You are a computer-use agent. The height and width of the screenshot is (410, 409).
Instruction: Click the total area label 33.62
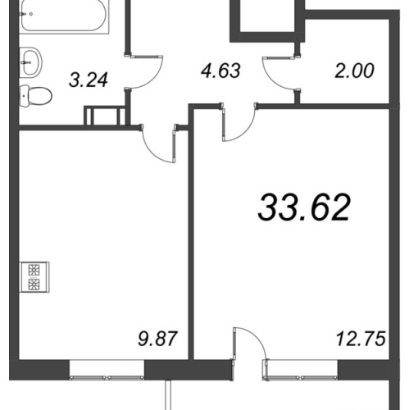tap(304, 207)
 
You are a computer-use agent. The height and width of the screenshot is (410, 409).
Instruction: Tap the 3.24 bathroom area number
tap(89, 80)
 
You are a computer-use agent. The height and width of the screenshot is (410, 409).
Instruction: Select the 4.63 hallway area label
tap(220, 71)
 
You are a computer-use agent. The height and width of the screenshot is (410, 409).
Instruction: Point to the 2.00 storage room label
tap(354, 71)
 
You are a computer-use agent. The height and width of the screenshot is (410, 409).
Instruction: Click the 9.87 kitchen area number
tap(158, 339)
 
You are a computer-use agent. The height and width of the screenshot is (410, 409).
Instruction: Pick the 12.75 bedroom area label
tap(361, 339)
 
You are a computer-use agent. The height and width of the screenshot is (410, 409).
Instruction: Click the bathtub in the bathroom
tap(64, 16)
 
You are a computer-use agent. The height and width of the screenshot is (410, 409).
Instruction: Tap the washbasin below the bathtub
tap(30, 62)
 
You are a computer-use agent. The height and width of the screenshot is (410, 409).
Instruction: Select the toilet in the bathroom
tap(35, 96)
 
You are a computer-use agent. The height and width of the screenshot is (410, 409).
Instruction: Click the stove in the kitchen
tap(34, 277)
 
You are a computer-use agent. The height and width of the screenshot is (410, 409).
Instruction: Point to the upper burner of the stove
tap(34, 270)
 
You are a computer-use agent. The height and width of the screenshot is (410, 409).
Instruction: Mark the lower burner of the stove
tap(34, 285)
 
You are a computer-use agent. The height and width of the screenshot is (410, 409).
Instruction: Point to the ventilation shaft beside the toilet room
tap(104, 116)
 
